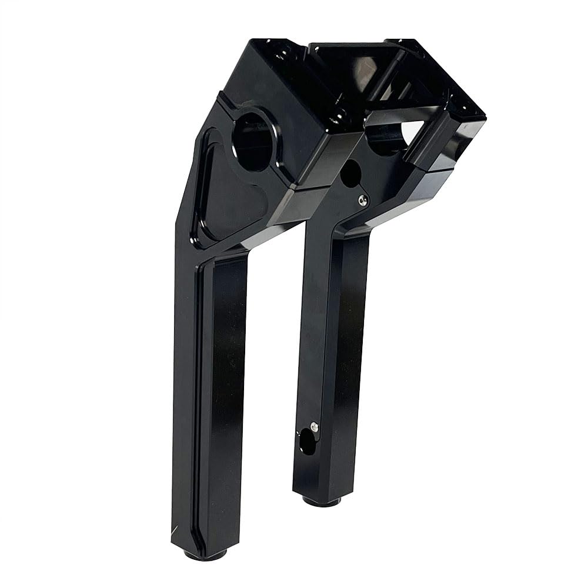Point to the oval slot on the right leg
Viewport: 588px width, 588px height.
coord(306,441)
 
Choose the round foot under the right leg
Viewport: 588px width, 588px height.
coord(322,501)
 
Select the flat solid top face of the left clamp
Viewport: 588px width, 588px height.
coord(270,76)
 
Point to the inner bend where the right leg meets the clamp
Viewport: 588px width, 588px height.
coord(341,232)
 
